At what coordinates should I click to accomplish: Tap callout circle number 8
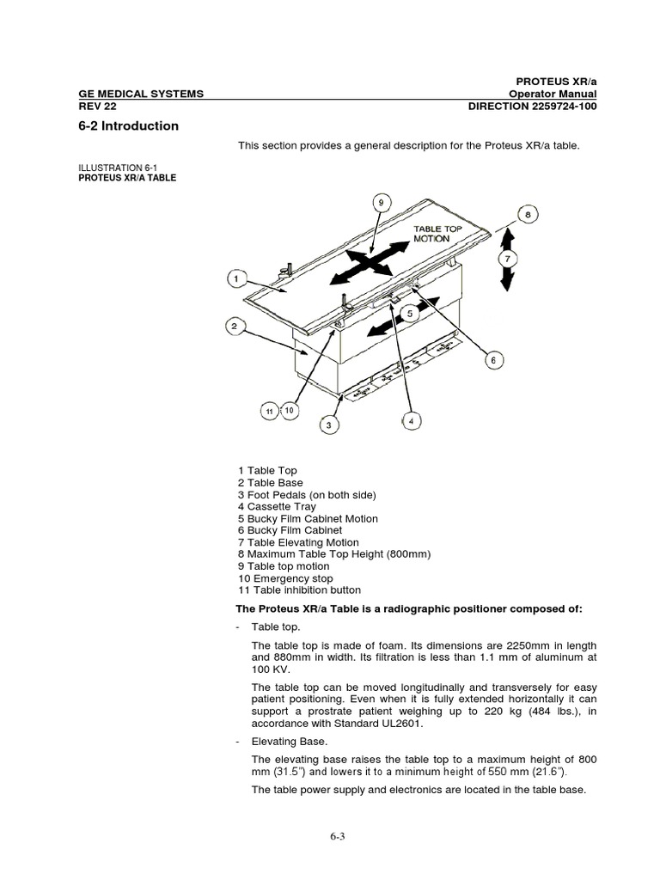pyautogui.click(x=529, y=215)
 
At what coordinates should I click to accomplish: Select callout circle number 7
pyautogui.click(x=508, y=258)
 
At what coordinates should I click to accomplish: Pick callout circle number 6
pyautogui.click(x=492, y=361)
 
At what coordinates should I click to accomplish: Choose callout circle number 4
pyautogui.click(x=412, y=421)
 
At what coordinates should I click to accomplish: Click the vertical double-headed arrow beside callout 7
pyautogui.click(x=508, y=258)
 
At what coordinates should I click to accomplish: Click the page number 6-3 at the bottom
pyautogui.click(x=330, y=834)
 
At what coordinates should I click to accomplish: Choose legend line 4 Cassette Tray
pyautogui.click(x=277, y=507)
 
